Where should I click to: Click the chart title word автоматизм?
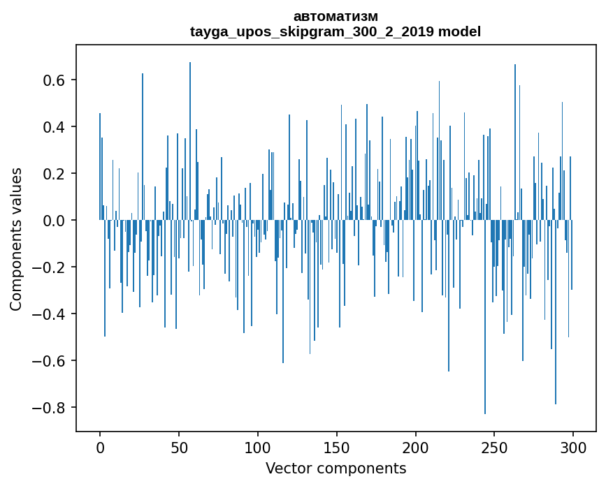(x=336, y=16)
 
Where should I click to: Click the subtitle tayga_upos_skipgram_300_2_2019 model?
(x=336, y=31)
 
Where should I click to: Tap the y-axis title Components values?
(x=16, y=239)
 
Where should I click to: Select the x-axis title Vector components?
(x=336, y=468)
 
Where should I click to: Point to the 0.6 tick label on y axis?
(x=55, y=80)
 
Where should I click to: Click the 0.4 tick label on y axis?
(x=55, y=127)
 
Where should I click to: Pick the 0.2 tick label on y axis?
(x=55, y=174)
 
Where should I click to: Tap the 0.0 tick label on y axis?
(x=55, y=221)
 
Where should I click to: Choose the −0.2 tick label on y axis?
(x=50, y=267)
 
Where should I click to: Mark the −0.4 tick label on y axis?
(x=50, y=314)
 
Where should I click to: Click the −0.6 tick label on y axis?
(x=50, y=361)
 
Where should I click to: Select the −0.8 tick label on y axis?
(x=50, y=408)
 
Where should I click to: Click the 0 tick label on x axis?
(x=100, y=447)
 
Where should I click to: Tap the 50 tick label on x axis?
(x=179, y=447)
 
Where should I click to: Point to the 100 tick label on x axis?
(x=258, y=447)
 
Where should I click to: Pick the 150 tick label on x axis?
(x=337, y=447)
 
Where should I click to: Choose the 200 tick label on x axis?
(x=416, y=447)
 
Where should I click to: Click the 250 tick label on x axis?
(x=495, y=447)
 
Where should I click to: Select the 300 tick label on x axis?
(x=573, y=447)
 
